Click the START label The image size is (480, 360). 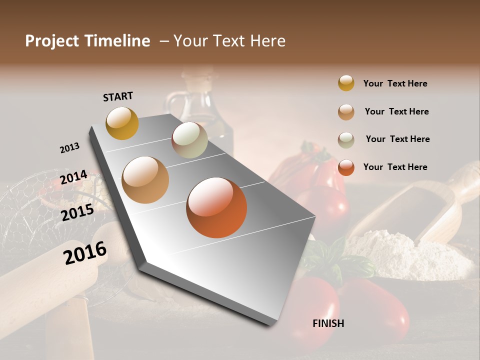pos(118,96)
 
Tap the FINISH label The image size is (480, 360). pos(328,323)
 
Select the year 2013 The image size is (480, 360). pos(69,148)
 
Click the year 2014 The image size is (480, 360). pos(73,177)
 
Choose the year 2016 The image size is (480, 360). pos(85,253)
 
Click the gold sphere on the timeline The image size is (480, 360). pos(122,123)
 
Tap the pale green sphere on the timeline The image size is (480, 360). pos(189,140)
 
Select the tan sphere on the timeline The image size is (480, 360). pos(145,180)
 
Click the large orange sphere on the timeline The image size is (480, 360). pos(216,207)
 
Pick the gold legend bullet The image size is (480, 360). pos(346,83)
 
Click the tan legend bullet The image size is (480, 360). pos(346,112)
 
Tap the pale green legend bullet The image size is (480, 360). pos(346,140)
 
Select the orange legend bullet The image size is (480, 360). pos(346,167)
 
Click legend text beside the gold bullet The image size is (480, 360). pos(395,84)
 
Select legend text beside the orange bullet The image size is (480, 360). pos(395,167)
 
